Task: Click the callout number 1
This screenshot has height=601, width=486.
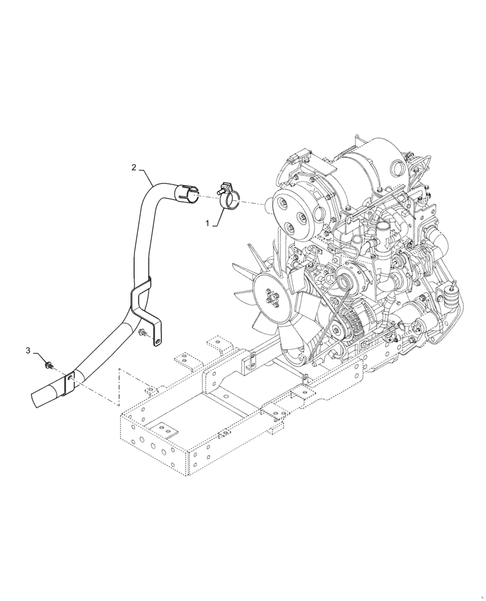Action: click(208, 223)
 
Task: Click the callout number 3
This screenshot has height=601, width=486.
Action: click(28, 350)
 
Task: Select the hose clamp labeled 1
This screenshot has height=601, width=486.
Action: click(227, 194)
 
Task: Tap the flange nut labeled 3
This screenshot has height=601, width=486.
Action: click(48, 364)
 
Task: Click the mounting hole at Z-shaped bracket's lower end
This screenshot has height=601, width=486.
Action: click(158, 343)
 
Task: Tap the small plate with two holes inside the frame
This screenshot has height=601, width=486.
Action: click(165, 428)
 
